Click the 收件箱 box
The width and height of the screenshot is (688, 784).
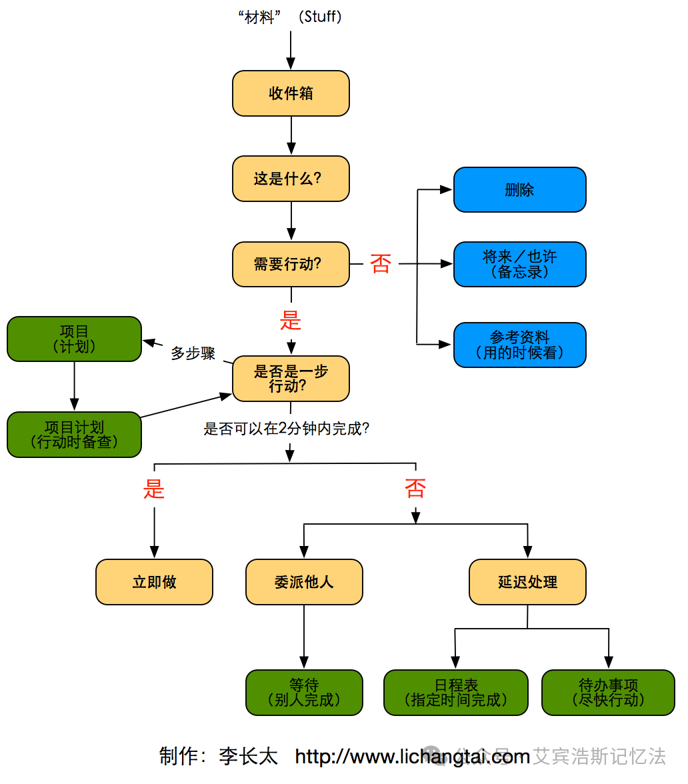tap(291, 93)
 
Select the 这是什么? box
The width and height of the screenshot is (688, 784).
tap(291, 179)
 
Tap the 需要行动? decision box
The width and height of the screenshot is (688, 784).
tap(291, 264)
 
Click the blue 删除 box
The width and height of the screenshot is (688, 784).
tap(519, 190)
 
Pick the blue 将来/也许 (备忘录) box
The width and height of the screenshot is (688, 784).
tap(519, 264)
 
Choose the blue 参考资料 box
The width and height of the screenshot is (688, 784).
tap(519, 345)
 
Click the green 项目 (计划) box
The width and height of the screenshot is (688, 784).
tap(74, 339)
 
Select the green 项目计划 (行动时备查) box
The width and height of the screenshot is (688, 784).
tap(74, 434)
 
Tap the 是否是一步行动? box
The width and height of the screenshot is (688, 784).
tap(291, 379)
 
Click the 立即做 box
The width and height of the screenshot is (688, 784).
tap(154, 582)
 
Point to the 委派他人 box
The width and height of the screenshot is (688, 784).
tap(304, 582)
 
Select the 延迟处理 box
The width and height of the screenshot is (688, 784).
tap(527, 582)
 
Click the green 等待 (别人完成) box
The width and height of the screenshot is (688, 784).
tap(304, 692)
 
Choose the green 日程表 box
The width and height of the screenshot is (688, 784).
tap(455, 692)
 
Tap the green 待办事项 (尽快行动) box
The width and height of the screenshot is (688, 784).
tap(608, 692)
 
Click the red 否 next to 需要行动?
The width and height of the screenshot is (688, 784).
tap(381, 264)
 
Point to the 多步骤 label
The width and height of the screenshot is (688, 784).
tap(193, 353)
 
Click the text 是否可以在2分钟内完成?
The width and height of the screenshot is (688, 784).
tap(287, 429)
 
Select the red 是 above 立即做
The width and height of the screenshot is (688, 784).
tap(154, 489)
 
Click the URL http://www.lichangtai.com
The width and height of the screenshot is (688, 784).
tap(412, 757)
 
